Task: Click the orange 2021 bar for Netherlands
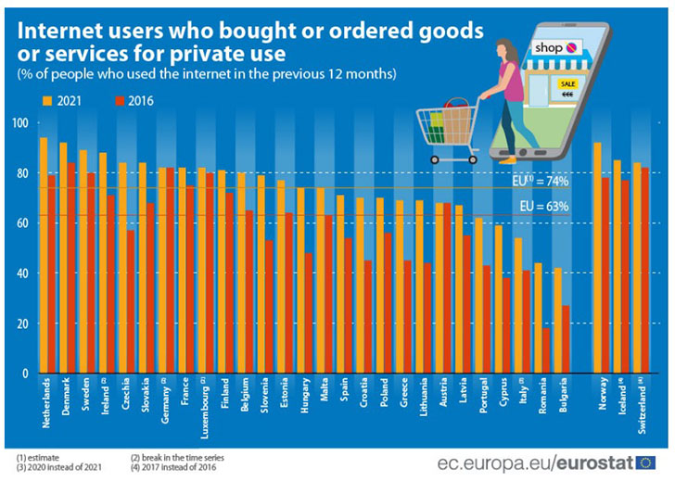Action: [43, 255]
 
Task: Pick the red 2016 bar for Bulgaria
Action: [566, 339]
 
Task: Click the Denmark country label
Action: [63, 399]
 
